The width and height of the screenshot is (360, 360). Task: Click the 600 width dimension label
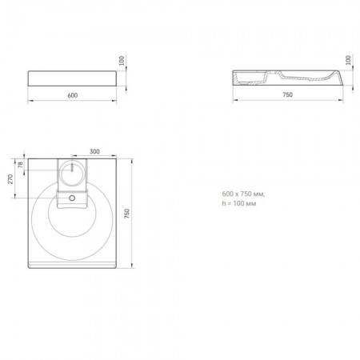tap(73, 95)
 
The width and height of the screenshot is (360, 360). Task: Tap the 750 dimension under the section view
tap(287, 94)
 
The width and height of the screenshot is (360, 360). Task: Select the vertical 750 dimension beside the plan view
tap(126, 214)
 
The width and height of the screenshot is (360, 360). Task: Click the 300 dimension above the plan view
tap(94, 151)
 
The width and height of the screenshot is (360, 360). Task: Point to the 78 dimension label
tap(21, 164)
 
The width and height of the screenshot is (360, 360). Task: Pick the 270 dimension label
tap(10, 179)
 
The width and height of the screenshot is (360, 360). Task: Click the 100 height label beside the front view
tap(122, 61)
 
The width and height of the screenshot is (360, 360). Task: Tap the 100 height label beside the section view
tap(348, 60)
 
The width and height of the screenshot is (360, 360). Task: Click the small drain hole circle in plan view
tap(72, 198)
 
